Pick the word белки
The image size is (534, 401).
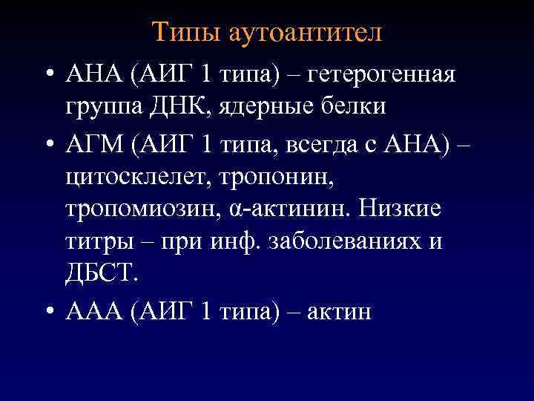355,106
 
